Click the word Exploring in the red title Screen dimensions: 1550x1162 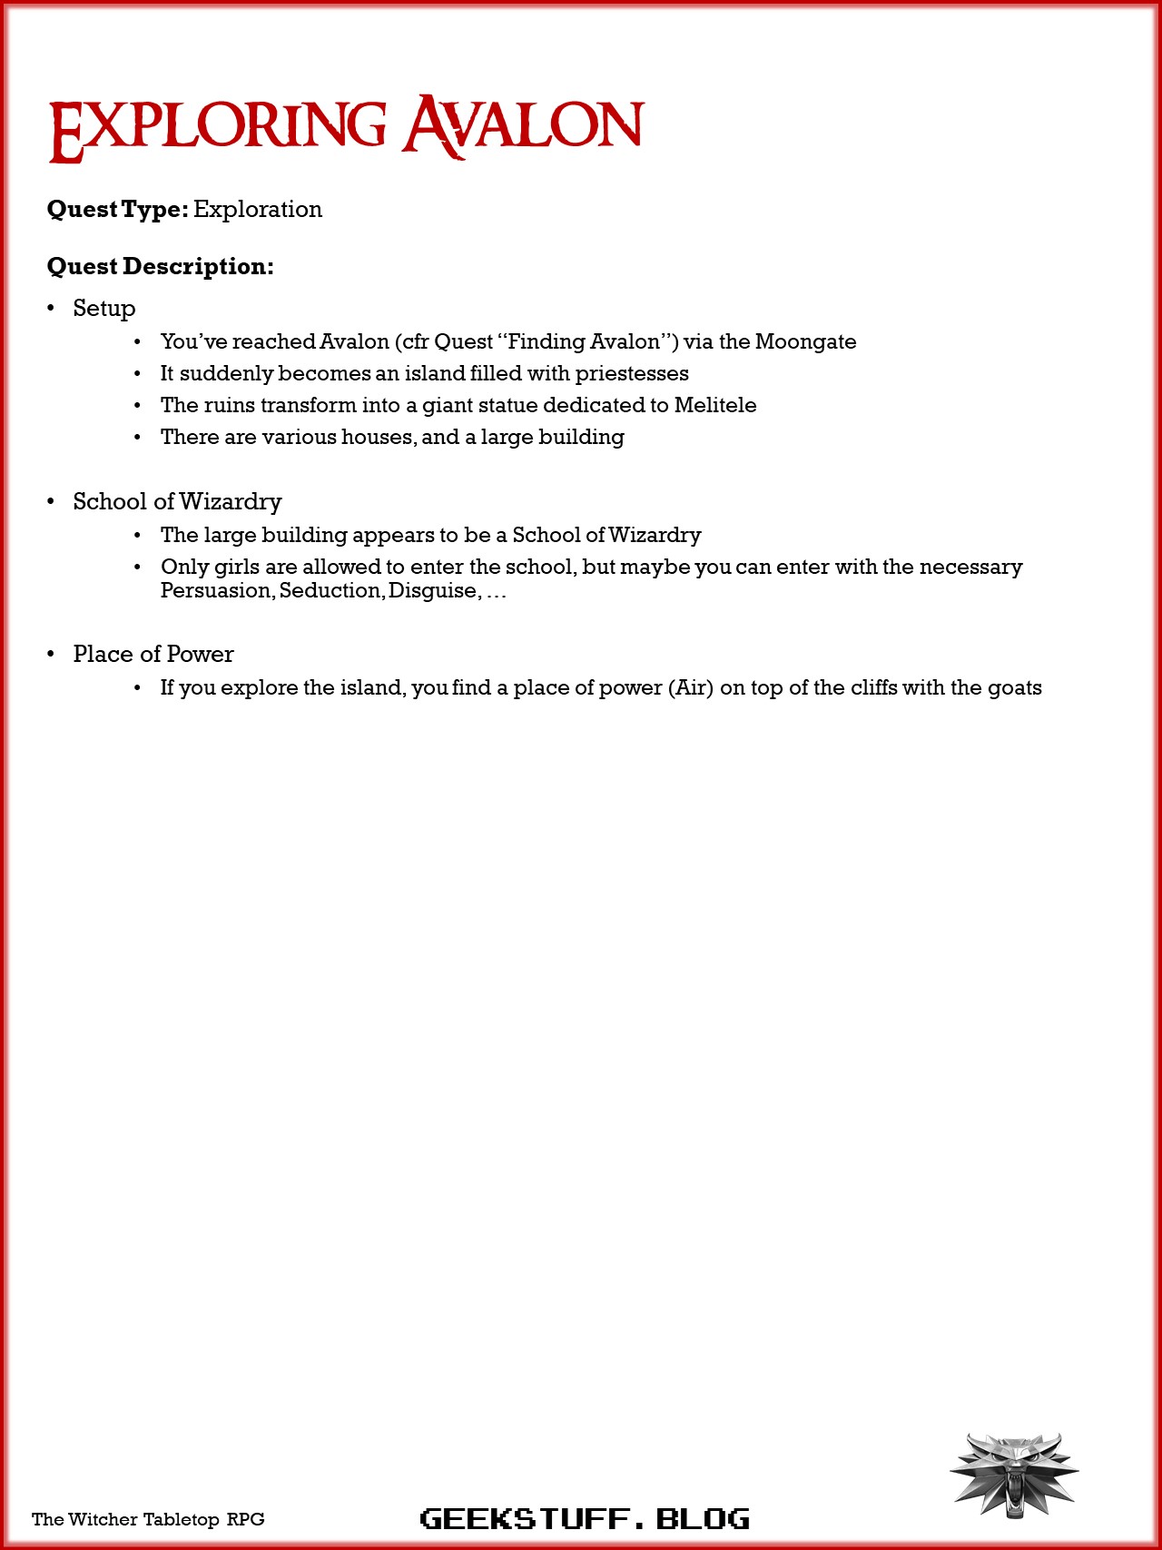click(218, 127)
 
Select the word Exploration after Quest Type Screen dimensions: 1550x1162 click(258, 209)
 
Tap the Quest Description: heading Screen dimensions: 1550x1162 click(160, 266)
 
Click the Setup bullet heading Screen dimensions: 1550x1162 click(104, 309)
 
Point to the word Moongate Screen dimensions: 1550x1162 click(805, 341)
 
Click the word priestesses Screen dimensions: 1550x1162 click(632, 373)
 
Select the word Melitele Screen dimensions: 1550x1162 click(715, 405)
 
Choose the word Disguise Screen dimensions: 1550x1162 click(432, 591)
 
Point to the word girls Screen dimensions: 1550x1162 click(236, 567)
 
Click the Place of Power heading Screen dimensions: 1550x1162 click(153, 654)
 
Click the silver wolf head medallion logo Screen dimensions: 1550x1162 click(1014, 1473)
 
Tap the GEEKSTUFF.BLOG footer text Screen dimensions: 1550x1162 click(585, 1518)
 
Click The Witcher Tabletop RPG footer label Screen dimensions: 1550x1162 click(148, 1519)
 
